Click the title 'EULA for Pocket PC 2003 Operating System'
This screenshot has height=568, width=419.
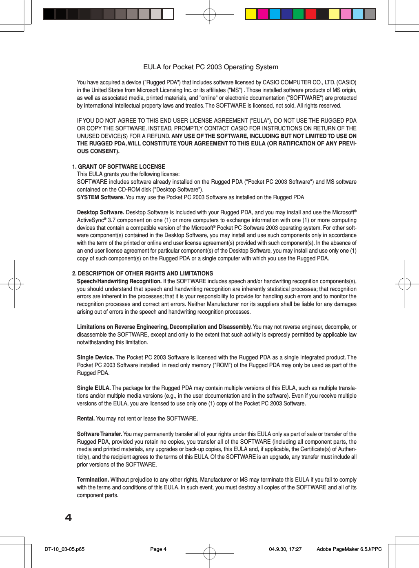[x=211, y=67]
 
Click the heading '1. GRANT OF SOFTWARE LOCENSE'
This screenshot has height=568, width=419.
[x=118, y=167]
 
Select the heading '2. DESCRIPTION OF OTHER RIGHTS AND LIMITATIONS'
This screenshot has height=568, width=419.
[x=142, y=273]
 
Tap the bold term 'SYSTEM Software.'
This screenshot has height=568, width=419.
[x=100, y=197]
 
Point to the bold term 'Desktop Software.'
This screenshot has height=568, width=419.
[x=100, y=212]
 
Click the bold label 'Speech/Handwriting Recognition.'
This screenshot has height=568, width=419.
[x=119, y=281]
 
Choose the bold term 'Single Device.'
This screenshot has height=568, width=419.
[x=95, y=357]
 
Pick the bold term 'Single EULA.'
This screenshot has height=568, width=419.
[x=94, y=388]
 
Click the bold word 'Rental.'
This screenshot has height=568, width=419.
[x=86, y=418]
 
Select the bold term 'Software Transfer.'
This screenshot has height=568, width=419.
[x=100, y=434]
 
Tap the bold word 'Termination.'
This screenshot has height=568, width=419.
[x=93, y=480]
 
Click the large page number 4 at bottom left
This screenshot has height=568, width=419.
[x=68, y=517]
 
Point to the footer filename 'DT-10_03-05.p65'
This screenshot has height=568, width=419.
[x=64, y=549]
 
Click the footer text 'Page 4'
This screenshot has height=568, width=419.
[x=158, y=549]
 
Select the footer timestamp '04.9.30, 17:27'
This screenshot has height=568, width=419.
[x=285, y=549]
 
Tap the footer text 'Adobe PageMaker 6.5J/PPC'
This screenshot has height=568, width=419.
[x=349, y=549]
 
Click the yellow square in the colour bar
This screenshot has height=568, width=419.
[x=251, y=14]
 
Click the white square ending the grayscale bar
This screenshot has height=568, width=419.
[x=168, y=14]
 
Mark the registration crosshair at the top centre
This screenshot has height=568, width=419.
[x=209, y=15]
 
